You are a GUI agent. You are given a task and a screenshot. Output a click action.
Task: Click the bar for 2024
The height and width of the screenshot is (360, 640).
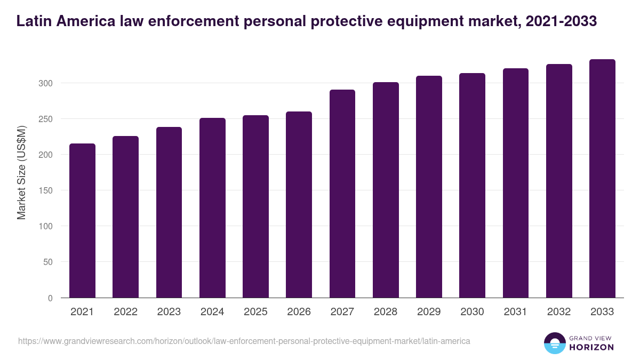[x=212, y=208]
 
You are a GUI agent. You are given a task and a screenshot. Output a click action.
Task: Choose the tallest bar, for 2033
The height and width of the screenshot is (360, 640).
[x=602, y=179]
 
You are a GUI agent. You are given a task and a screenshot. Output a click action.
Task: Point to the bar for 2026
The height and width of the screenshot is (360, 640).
[x=299, y=205]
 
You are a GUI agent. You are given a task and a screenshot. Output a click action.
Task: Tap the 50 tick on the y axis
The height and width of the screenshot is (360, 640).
[x=47, y=262]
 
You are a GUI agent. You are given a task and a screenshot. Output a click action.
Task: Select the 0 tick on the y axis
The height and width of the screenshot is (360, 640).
[x=50, y=298]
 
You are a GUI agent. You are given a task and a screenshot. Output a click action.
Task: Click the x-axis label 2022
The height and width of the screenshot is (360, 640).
[x=125, y=312]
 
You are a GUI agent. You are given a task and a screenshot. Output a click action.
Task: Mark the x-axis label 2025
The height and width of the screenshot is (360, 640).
[x=255, y=312]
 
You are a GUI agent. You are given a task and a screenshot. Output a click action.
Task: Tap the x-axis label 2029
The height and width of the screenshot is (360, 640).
[x=429, y=312]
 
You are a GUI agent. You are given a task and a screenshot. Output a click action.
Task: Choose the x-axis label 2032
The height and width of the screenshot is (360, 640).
[x=559, y=312]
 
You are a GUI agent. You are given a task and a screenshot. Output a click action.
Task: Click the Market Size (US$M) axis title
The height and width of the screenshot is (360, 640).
[x=21, y=172]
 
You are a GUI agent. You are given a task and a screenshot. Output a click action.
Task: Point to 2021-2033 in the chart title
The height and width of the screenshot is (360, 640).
[x=561, y=21]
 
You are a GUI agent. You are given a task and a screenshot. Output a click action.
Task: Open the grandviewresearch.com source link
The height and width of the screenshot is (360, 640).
[x=244, y=341]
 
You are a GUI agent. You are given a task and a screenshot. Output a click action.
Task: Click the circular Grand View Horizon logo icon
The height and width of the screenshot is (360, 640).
[x=554, y=343]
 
